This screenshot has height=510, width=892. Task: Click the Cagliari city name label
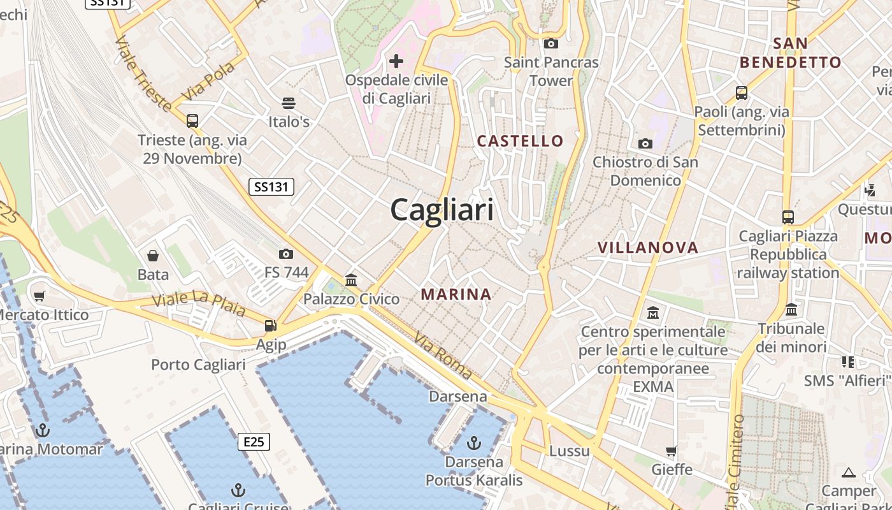tap(442, 209)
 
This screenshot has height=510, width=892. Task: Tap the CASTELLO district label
tap(521, 141)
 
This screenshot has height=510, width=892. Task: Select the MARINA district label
tap(456, 294)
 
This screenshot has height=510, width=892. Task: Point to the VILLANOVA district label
tap(648, 247)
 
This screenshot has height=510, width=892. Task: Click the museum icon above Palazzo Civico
tap(351, 280)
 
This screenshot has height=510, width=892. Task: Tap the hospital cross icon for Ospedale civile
tap(396, 61)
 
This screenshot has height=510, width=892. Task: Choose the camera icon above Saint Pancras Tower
tap(551, 43)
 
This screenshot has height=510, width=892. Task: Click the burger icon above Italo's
tap(289, 103)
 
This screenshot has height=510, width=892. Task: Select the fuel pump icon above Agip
tap(271, 326)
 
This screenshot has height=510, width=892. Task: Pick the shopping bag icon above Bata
tap(153, 256)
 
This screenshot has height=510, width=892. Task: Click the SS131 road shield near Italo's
tap(271, 187)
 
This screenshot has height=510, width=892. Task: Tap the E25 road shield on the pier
tap(254, 442)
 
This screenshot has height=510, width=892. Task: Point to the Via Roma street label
tap(442, 356)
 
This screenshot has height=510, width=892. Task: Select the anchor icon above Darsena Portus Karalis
tap(473, 442)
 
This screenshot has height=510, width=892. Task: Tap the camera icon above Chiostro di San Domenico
tap(645, 143)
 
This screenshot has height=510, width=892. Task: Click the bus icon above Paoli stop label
tap(742, 93)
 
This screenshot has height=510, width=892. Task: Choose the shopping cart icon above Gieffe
tap(672, 451)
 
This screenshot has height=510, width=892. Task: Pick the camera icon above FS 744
tap(286, 254)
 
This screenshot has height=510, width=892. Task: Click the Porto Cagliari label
tap(198, 365)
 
